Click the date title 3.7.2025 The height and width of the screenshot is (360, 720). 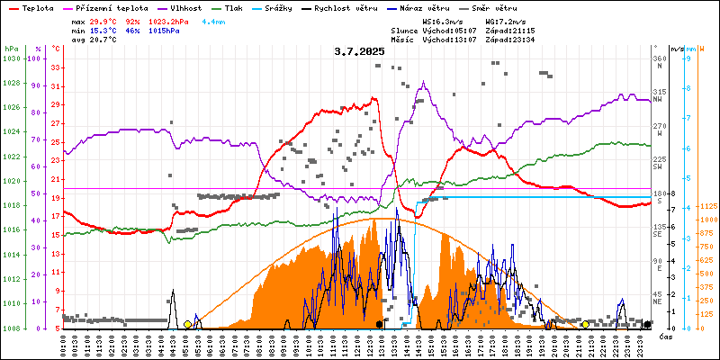tap(359, 51)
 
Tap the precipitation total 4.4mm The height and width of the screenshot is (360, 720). tap(213, 21)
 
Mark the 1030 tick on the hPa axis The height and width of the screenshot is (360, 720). tap(11, 58)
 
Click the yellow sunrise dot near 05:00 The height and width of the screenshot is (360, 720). tap(187, 324)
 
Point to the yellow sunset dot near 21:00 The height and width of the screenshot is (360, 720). tap(586, 324)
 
